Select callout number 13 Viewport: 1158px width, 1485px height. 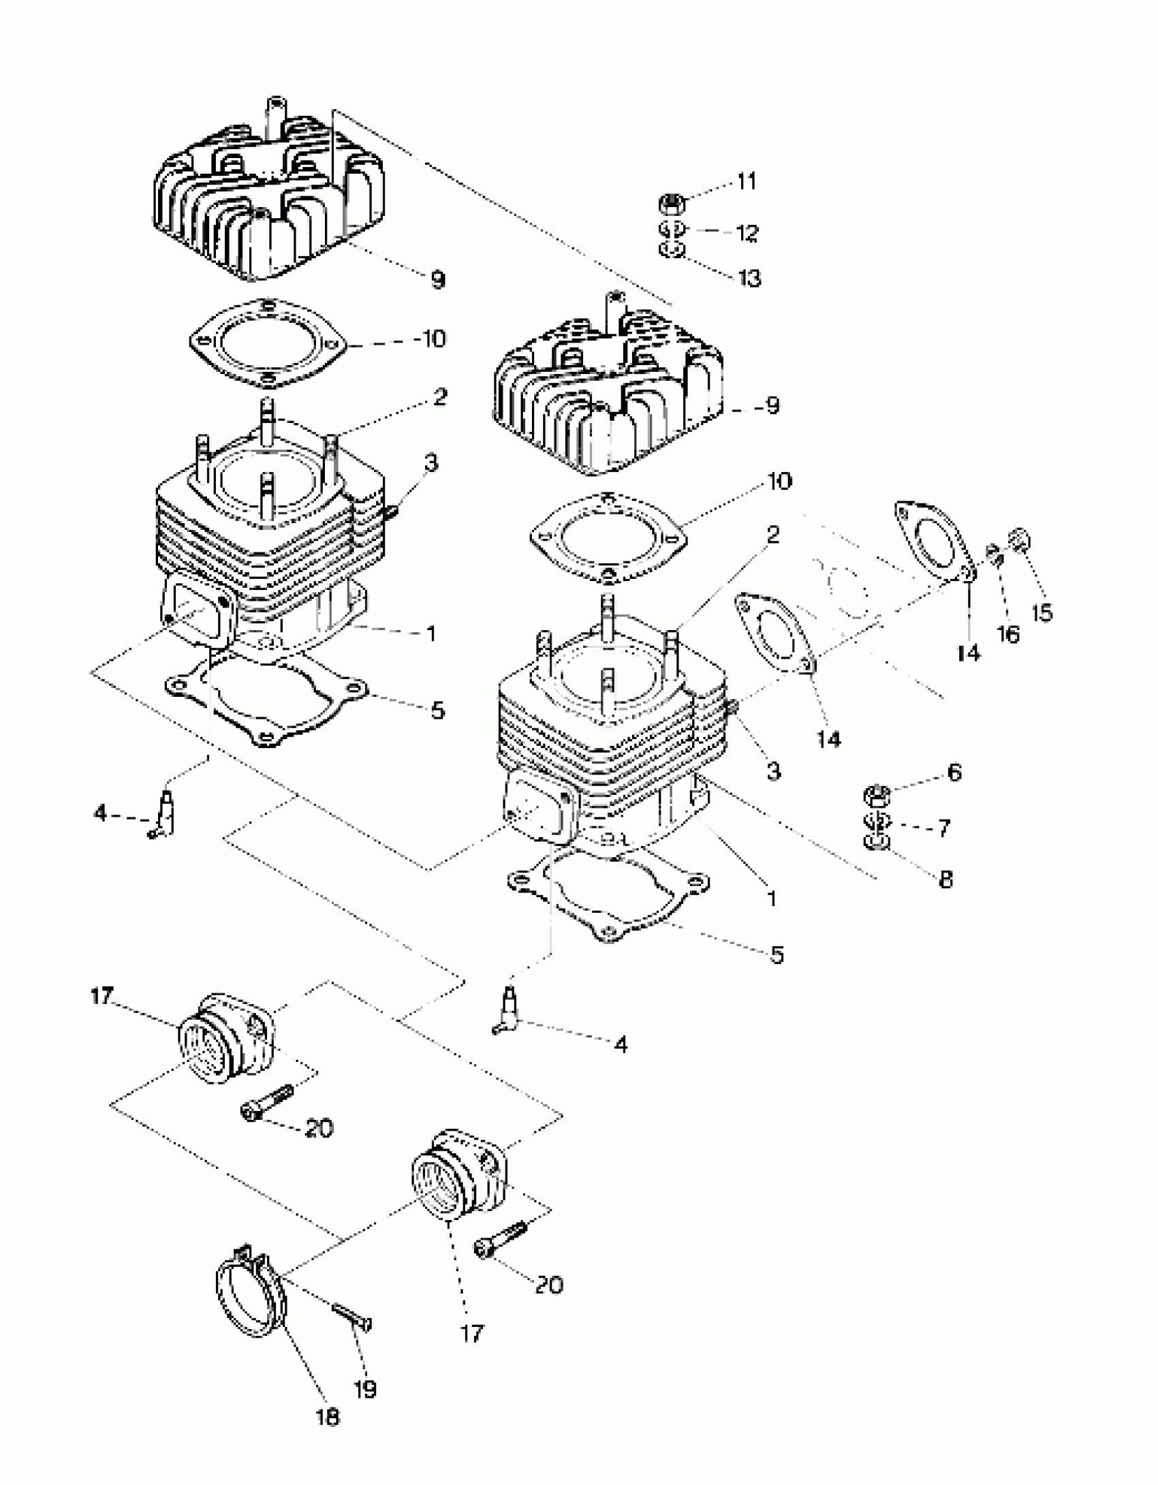coord(749,278)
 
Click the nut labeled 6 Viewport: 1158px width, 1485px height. coord(877,794)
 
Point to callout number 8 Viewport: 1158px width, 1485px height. coord(945,880)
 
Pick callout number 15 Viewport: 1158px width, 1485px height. coord(1042,612)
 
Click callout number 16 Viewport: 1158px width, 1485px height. coord(1008,635)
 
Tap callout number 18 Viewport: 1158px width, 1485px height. coord(328,1418)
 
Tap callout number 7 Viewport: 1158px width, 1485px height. coord(943,828)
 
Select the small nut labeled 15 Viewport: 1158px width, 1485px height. coord(1021,542)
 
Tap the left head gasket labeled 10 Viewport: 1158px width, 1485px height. coord(268,343)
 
